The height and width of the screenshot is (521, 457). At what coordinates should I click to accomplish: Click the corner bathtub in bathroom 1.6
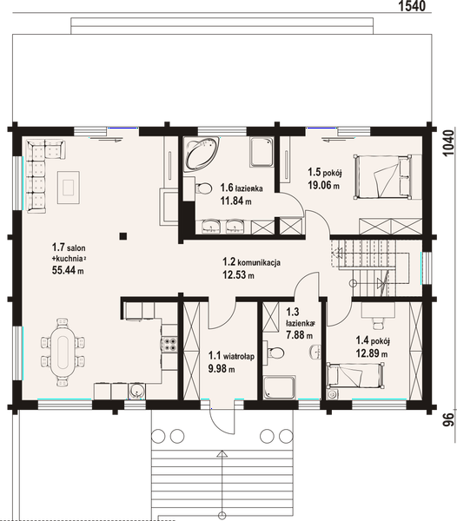(202, 155)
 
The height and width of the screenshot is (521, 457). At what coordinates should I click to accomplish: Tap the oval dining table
(63, 353)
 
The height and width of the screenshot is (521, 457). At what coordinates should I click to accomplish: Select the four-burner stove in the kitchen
(169, 344)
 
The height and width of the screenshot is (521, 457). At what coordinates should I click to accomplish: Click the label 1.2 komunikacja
(251, 262)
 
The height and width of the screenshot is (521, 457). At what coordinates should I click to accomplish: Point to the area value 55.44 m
(68, 270)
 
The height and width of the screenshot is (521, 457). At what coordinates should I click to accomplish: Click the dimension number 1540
(412, 6)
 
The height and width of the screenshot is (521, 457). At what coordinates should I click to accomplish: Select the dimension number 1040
(448, 142)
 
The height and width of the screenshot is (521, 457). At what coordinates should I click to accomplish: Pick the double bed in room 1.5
(382, 177)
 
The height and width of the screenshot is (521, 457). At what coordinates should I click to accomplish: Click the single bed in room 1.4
(355, 375)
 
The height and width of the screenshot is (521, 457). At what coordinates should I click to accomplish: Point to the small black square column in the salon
(123, 236)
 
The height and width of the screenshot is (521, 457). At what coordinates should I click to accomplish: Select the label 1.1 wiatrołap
(231, 357)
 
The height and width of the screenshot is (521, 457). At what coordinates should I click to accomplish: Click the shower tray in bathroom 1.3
(279, 387)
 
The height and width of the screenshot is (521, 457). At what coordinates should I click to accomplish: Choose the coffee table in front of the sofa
(69, 188)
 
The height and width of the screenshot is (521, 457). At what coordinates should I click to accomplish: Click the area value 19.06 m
(323, 185)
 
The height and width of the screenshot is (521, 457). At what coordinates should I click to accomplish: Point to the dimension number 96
(448, 420)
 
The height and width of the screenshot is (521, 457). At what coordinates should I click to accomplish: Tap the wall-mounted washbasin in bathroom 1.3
(315, 353)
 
